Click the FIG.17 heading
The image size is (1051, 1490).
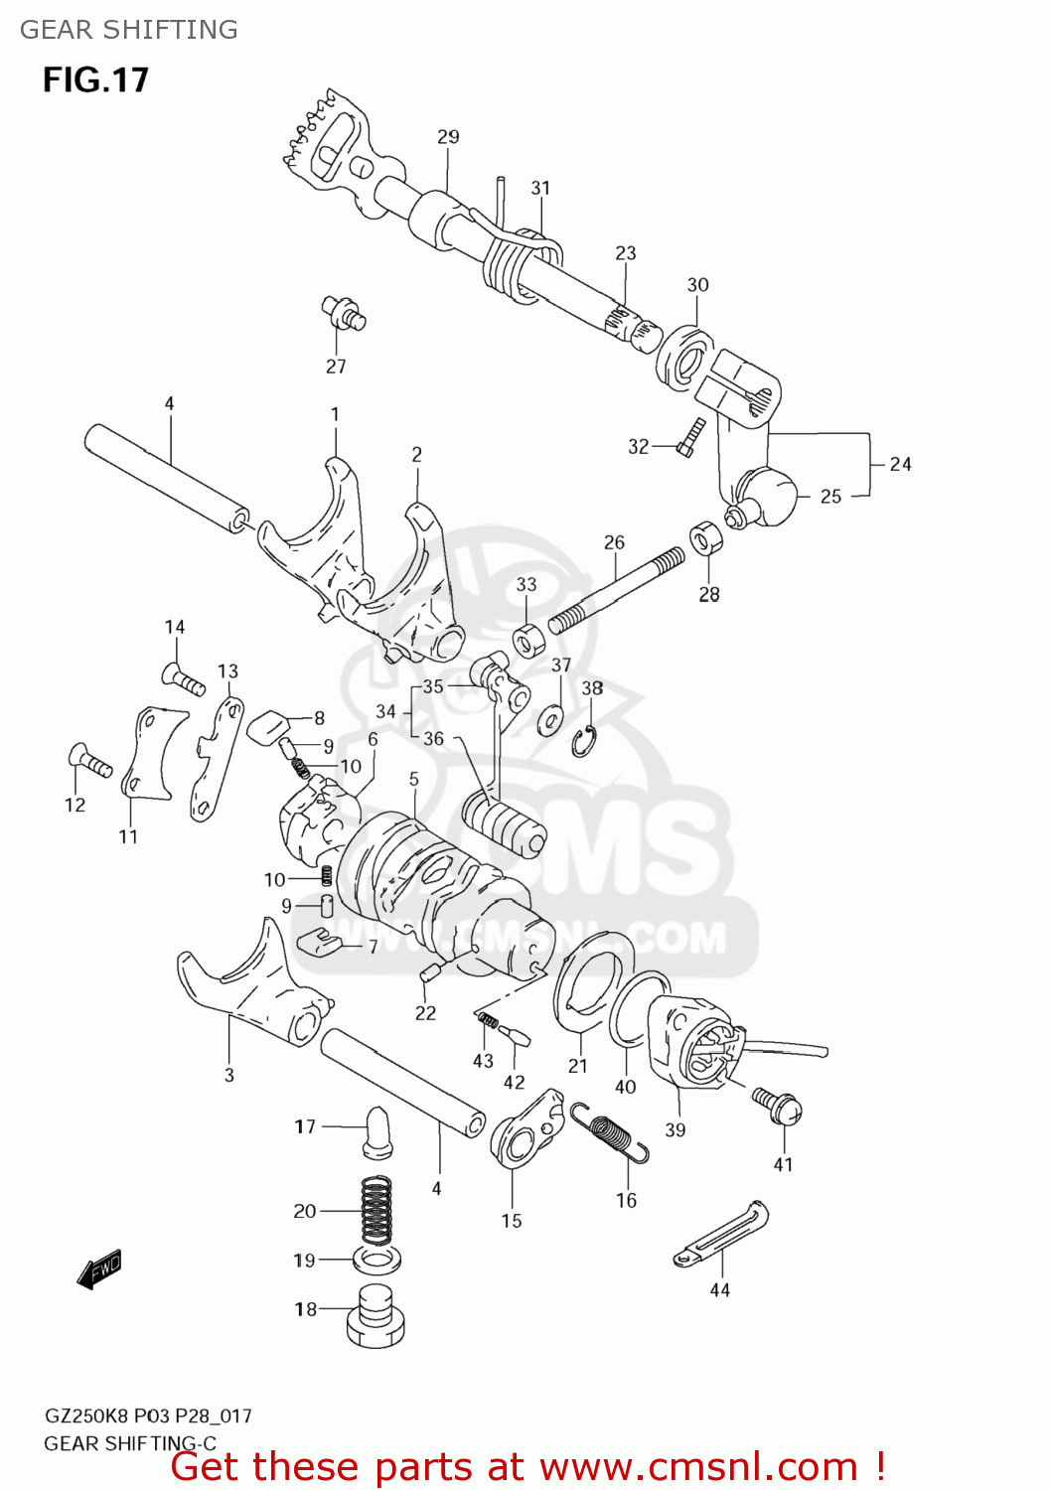pyautogui.click(x=95, y=79)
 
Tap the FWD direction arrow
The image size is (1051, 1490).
pyautogui.click(x=99, y=1268)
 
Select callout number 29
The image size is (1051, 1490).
pyautogui.click(x=448, y=137)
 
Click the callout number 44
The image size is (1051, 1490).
pyautogui.click(x=719, y=1289)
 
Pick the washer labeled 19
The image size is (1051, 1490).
pyautogui.click(x=376, y=1260)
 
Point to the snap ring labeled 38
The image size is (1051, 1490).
pyautogui.click(x=583, y=741)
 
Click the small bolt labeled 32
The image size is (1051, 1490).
pyautogui.click(x=689, y=438)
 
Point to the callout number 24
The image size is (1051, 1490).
pyautogui.click(x=900, y=464)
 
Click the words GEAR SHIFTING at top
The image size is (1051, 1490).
pyautogui.click(x=129, y=30)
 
